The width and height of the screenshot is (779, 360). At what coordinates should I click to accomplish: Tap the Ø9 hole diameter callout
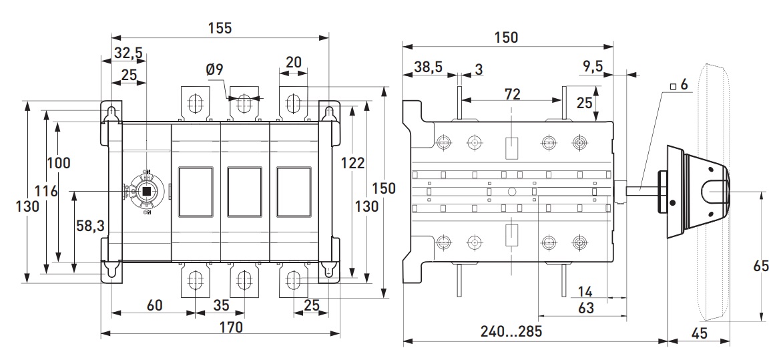click(x=215, y=69)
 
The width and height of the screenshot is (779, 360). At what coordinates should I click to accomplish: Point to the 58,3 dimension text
click(x=90, y=226)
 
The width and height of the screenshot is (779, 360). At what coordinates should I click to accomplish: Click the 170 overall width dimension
click(x=230, y=327)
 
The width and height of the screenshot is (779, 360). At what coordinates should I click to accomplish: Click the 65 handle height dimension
click(x=762, y=266)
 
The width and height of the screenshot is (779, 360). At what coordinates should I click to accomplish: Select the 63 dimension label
click(x=585, y=308)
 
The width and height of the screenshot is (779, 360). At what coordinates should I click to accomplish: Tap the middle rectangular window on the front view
click(x=243, y=192)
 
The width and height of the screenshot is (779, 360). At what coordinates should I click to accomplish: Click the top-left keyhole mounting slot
click(x=111, y=113)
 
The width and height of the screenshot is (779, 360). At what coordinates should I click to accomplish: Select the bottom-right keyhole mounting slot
click(x=328, y=270)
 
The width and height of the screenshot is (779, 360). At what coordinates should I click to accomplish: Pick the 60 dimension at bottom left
click(x=154, y=305)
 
